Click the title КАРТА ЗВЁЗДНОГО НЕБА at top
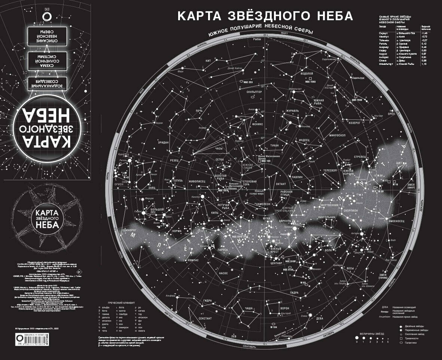click(x=265, y=16)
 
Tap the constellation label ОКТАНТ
click(x=281, y=184)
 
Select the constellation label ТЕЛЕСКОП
click(x=330, y=170)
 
